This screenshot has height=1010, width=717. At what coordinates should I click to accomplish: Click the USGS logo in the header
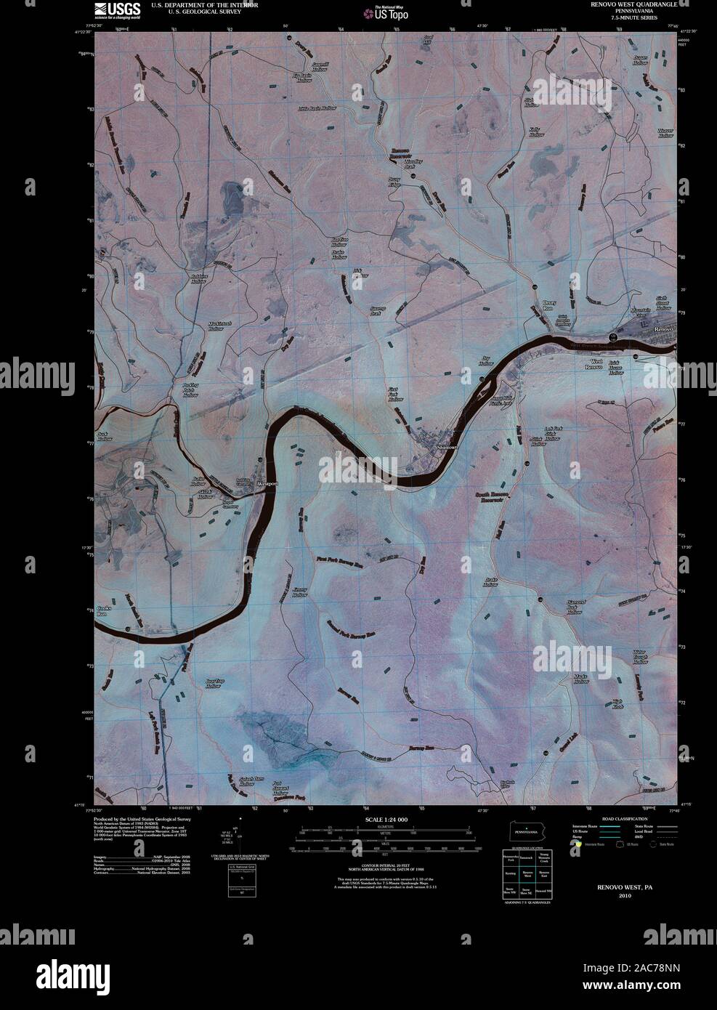(117, 9)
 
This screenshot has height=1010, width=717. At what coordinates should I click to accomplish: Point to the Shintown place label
(445, 448)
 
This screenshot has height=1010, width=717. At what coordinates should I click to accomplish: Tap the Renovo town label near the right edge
(663, 329)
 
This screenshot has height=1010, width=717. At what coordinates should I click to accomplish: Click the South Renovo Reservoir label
(490, 497)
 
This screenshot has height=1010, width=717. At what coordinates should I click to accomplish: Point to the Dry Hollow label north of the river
(487, 361)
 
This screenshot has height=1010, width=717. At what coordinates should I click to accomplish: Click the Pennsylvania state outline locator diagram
(527, 831)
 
